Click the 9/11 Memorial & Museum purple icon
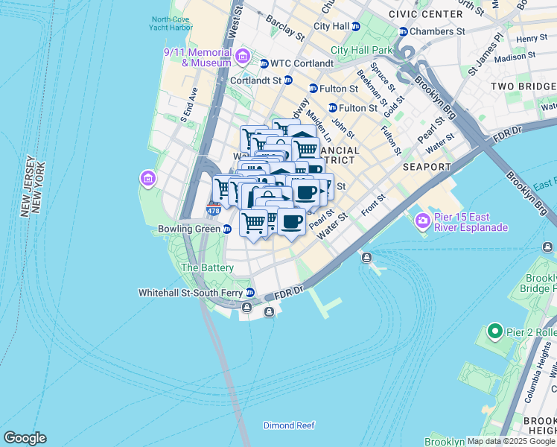242,57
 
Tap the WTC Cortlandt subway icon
264,64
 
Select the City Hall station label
331,26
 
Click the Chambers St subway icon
404,32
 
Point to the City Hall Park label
361,50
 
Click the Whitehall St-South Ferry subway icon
250,293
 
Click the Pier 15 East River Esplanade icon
423,220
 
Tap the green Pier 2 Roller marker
494,331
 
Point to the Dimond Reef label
289,425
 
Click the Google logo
25,438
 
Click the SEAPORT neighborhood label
427,168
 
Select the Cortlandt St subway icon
287,80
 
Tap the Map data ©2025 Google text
511,441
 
